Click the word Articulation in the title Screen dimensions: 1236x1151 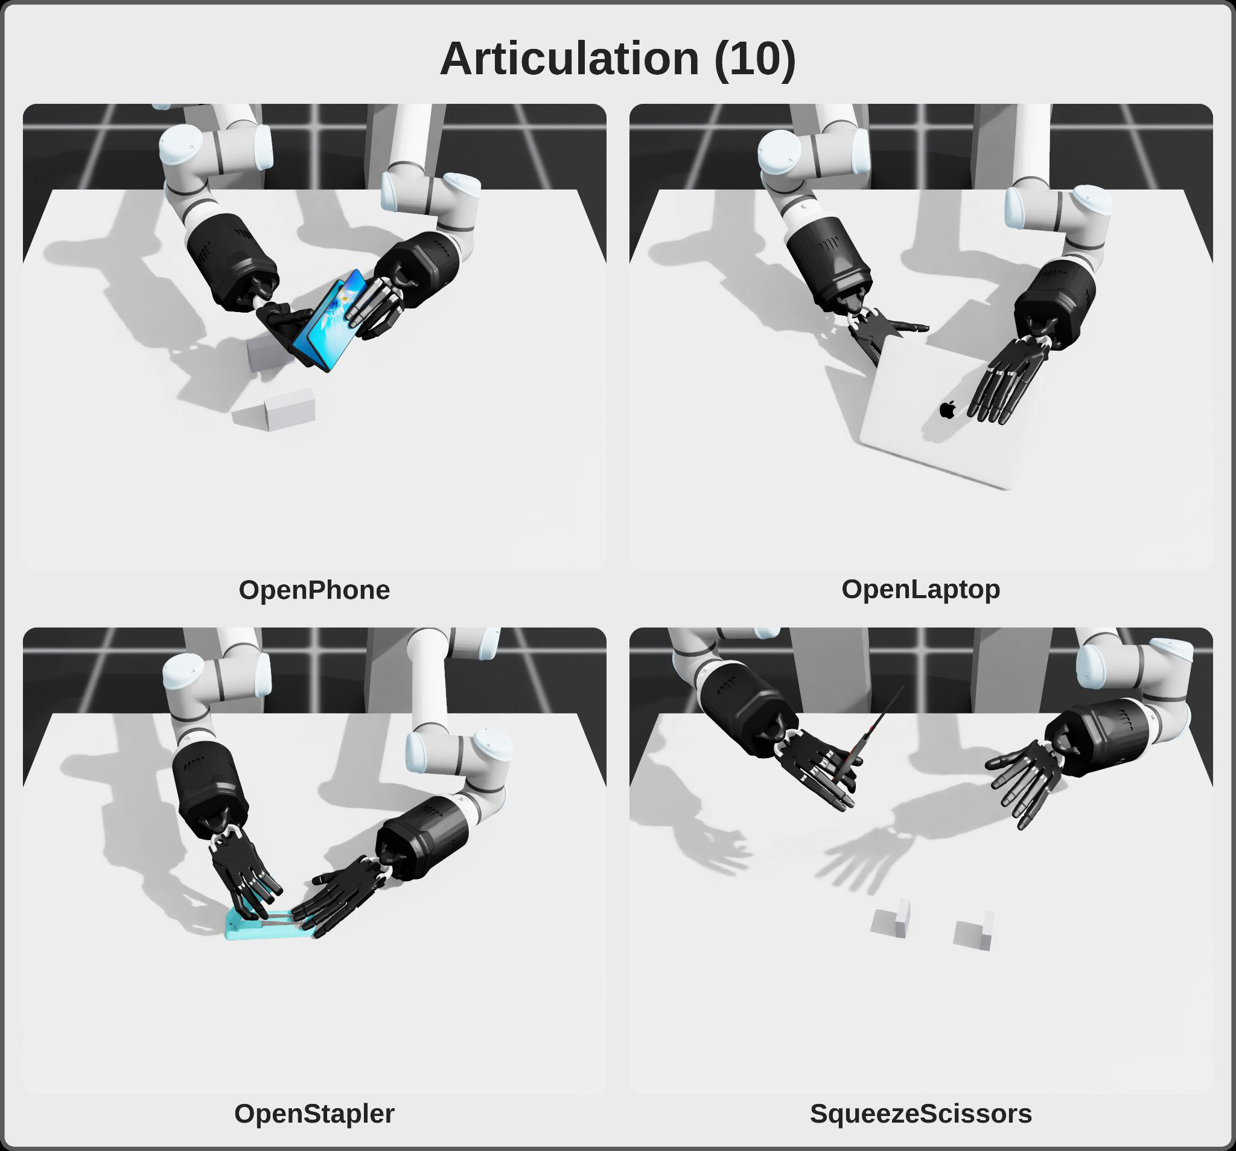[x=570, y=59]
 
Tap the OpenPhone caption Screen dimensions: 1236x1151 [x=314, y=590]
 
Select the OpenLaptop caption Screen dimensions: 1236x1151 [x=921, y=590]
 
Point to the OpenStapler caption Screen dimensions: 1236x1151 [x=314, y=1114]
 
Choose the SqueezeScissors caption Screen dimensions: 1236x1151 [x=921, y=1114]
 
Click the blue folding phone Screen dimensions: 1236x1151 [x=330, y=320]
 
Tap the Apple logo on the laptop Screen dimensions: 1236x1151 [x=947, y=409]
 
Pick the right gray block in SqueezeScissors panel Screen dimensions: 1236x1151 [x=973, y=931]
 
